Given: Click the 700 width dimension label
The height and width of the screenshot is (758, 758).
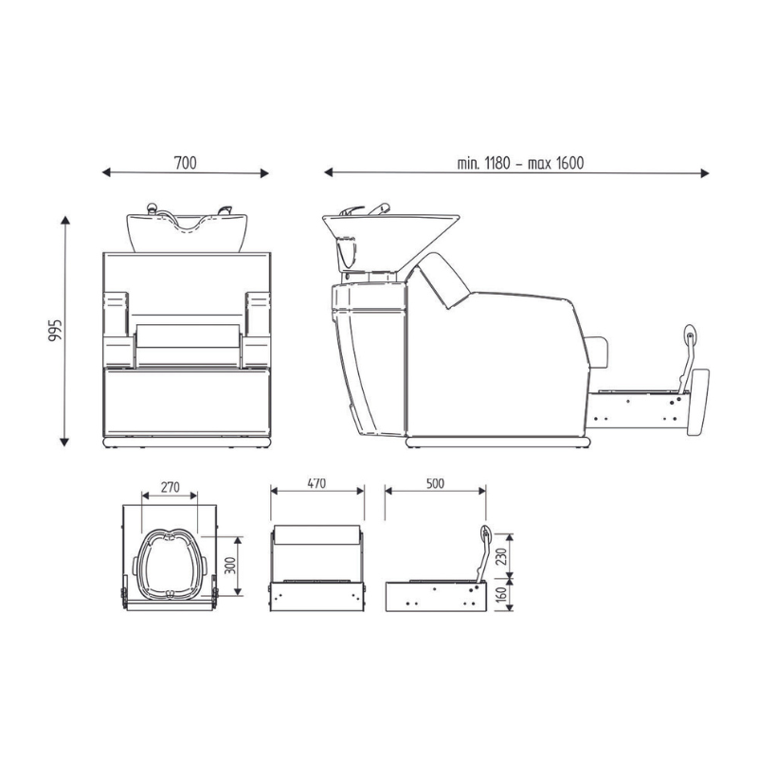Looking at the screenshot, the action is coord(186,163).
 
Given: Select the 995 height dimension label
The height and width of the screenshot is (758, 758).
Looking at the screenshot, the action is coord(55,330).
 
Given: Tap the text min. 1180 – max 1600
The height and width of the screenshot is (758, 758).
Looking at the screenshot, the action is coord(520,163).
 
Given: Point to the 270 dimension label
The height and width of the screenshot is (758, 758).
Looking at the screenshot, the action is coord(171,487).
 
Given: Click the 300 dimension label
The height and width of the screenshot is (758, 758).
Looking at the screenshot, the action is coord(230,565).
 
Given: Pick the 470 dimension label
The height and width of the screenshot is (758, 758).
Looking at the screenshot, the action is coord(316,483).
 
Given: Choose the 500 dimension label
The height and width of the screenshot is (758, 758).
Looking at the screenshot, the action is coord(435,483).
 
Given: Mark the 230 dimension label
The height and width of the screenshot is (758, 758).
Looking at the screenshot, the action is coord(502,556).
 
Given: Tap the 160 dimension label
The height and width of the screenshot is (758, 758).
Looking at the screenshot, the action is coord(502,593).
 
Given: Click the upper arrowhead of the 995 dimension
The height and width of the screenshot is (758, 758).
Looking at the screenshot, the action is coord(65,220).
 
